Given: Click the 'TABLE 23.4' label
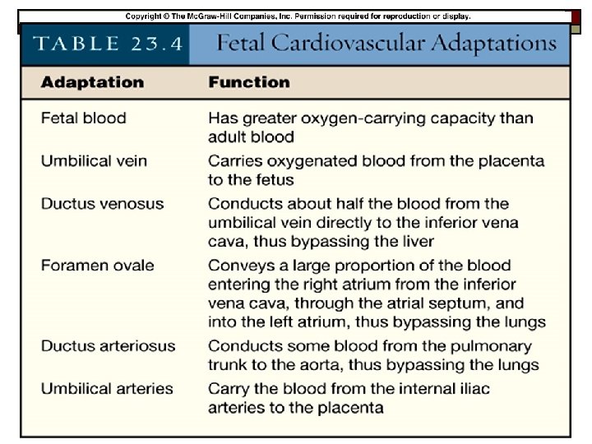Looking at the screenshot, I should tap(108, 44).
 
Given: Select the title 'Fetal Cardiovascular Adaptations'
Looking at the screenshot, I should tap(386, 44).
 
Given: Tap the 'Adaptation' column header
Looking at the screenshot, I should tap(92, 82).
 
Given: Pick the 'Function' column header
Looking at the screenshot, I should tap(248, 82).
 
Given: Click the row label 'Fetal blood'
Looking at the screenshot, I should tap(83, 118).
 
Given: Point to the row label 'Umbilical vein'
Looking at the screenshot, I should tap(94, 160).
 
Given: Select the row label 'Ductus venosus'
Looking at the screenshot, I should tap(102, 203).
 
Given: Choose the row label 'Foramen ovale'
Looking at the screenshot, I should tap(97, 265).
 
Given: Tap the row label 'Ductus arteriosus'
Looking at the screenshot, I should tap(108, 345).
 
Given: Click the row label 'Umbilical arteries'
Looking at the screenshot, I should tap(107, 388).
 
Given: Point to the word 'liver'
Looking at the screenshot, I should tap(416, 242).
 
